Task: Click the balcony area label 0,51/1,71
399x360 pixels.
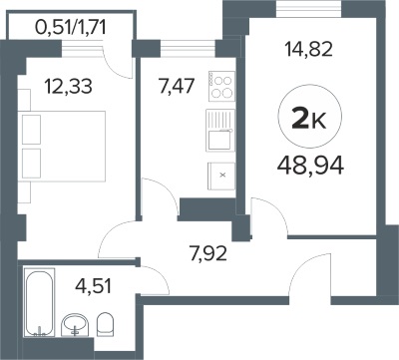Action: click(x=71, y=28)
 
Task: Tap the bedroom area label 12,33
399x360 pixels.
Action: click(x=69, y=87)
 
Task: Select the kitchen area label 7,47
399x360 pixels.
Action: click(x=177, y=87)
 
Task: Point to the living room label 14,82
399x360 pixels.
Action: click(x=308, y=49)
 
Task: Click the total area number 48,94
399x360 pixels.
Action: click(x=310, y=166)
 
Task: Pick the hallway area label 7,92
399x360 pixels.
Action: click(x=208, y=253)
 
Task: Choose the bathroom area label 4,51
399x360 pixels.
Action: click(x=93, y=286)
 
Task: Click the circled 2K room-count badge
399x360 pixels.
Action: click(x=310, y=116)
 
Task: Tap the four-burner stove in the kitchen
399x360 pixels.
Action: click(x=222, y=86)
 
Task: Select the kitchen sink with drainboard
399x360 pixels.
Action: click(x=220, y=131)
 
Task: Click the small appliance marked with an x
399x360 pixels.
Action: click(x=221, y=176)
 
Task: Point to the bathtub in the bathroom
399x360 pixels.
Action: click(x=39, y=303)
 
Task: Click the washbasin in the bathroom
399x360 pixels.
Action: click(x=75, y=325)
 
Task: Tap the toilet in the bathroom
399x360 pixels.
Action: click(x=105, y=324)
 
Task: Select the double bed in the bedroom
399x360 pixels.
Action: click(x=64, y=147)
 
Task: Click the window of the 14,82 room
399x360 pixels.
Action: click(x=308, y=8)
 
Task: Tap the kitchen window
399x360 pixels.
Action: click(x=188, y=49)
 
